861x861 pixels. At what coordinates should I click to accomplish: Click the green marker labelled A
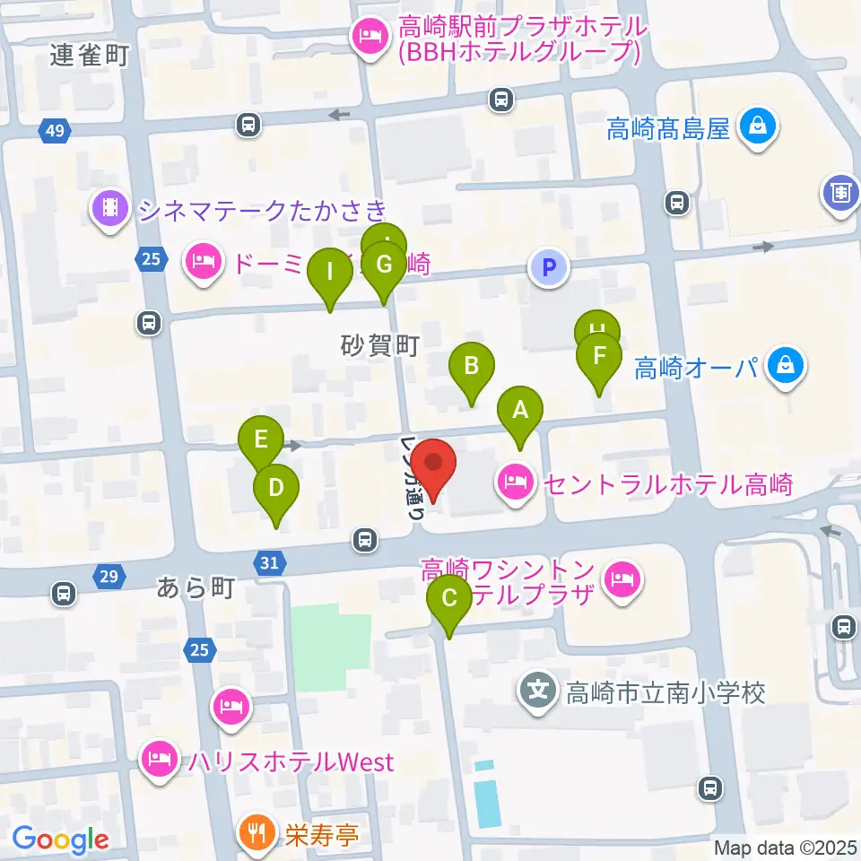tap(520, 413)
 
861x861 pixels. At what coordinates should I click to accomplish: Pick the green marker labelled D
tap(275, 490)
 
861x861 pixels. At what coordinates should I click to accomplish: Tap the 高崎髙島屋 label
tap(668, 130)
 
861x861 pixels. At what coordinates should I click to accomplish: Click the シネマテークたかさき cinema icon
tap(109, 209)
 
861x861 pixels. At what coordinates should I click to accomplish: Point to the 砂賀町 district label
tap(380, 345)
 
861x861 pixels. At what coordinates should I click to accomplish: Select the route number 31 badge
tap(271, 562)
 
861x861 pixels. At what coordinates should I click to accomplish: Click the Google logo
tap(60, 839)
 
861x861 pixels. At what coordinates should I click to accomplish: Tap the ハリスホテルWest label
tap(291, 762)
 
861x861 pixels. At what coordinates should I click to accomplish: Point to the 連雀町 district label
tap(90, 56)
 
